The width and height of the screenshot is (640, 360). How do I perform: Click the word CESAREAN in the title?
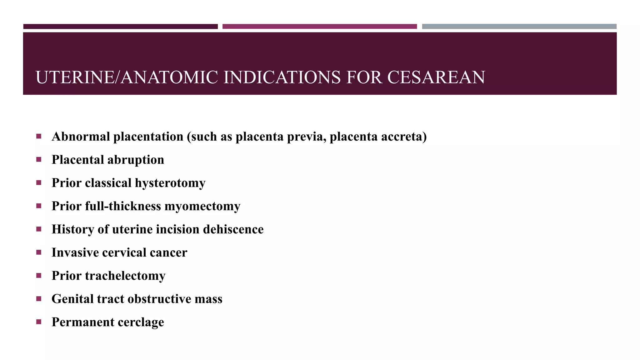click(x=436, y=77)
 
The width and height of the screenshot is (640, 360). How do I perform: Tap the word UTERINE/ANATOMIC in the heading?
click(x=127, y=77)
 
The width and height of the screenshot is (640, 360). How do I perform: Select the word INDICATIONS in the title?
click(x=282, y=77)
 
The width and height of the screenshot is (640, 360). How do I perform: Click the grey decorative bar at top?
click(x=519, y=27)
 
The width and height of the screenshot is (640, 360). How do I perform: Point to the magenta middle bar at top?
click(x=319, y=27)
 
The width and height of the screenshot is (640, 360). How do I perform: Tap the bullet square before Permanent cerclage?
click(x=39, y=322)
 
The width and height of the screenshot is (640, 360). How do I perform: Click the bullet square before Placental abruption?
click(x=39, y=159)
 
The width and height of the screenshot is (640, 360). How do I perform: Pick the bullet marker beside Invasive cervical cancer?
click(x=39, y=252)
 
